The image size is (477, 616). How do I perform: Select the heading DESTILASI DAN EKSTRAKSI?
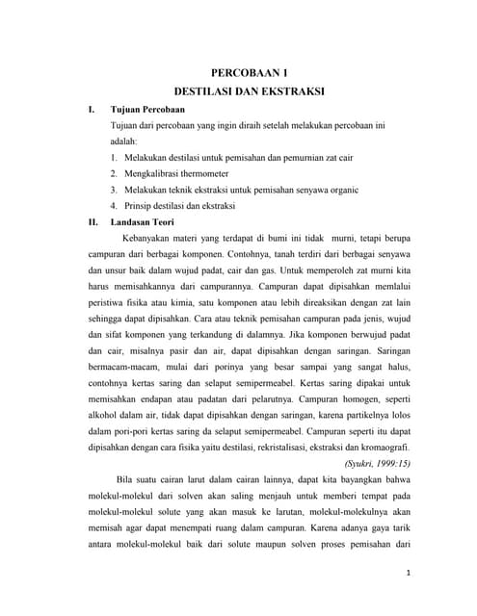tap(249, 94)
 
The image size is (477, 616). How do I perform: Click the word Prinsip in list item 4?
tap(139, 205)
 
